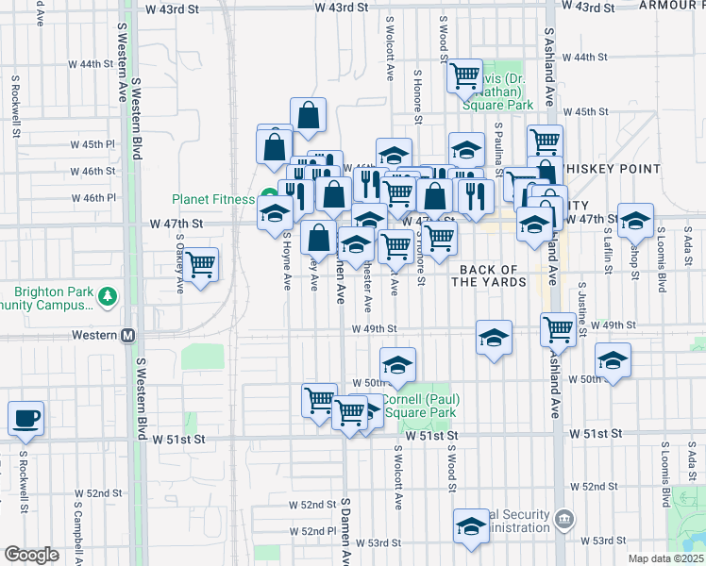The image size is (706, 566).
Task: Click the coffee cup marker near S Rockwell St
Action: (25, 417)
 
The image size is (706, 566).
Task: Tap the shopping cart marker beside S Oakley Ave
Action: (200, 263)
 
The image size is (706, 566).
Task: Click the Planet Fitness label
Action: (212, 199)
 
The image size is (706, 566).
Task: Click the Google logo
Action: (31, 555)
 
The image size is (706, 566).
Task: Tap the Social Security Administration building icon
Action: (563, 518)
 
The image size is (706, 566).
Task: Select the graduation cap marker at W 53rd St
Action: (471, 526)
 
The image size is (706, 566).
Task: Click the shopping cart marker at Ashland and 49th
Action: (558, 329)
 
